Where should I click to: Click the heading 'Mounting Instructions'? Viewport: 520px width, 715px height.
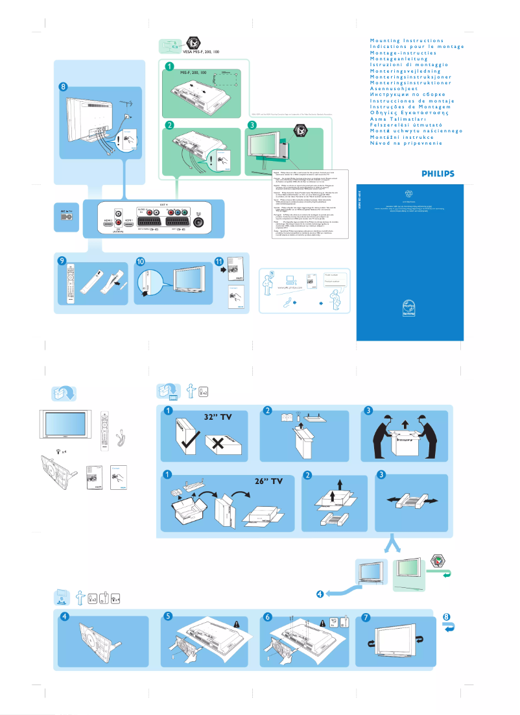click(407, 41)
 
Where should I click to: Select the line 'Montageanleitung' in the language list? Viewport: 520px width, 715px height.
click(400, 58)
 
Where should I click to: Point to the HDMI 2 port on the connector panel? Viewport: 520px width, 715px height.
click(108, 221)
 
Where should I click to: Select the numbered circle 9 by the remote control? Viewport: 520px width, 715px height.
click(62, 261)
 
